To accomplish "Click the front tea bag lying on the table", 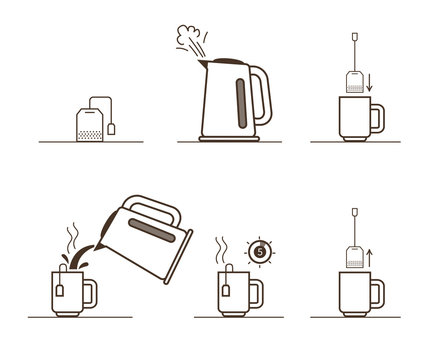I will tap(88, 124).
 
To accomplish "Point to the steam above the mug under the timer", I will tap(225, 248).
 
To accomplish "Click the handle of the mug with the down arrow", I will tap(376, 117).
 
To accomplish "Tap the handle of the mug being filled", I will tap(88, 294).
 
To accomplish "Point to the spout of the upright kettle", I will tap(206, 66).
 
